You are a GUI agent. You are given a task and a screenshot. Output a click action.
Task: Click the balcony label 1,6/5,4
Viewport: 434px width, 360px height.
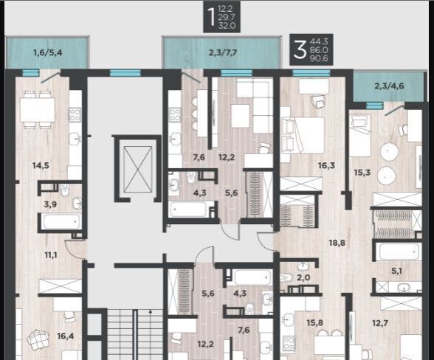(x=47, y=52)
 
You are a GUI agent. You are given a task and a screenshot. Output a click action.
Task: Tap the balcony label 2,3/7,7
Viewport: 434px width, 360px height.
(x=223, y=52)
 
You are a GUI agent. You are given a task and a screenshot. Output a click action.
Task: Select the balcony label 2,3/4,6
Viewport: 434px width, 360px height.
(x=390, y=86)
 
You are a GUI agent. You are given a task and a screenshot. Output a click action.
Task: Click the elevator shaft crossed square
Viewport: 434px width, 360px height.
(x=138, y=170)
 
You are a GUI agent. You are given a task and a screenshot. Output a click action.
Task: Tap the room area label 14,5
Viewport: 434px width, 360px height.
(x=41, y=166)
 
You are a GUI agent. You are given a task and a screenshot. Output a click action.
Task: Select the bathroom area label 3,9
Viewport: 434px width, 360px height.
(x=50, y=204)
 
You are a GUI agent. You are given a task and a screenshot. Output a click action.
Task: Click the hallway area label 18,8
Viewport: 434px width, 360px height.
(x=337, y=243)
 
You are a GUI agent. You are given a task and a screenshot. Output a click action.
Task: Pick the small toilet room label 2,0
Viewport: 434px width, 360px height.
(x=303, y=277)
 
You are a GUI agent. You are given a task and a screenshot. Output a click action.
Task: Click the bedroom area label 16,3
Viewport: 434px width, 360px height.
(x=326, y=165)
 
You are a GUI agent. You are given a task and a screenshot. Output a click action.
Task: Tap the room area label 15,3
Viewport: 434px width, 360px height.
(x=362, y=173)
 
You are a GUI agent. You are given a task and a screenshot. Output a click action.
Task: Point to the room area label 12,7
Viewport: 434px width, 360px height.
(x=380, y=323)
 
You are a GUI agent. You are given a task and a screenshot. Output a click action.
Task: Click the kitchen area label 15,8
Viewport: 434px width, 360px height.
(x=315, y=322)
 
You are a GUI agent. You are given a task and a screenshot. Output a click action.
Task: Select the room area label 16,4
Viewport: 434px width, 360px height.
(x=66, y=336)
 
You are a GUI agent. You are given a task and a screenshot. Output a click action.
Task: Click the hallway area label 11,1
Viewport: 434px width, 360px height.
(x=51, y=255)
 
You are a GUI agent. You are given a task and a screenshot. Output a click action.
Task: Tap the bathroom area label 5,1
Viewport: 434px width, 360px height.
(x=396, y=271)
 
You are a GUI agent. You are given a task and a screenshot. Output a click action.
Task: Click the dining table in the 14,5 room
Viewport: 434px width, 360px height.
(x=38, y=110)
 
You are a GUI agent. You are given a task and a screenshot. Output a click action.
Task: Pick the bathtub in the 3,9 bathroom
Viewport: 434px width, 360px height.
(x=61, y=221)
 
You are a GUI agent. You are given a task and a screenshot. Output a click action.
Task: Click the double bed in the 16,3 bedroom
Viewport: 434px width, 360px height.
(x=303, y=135)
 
